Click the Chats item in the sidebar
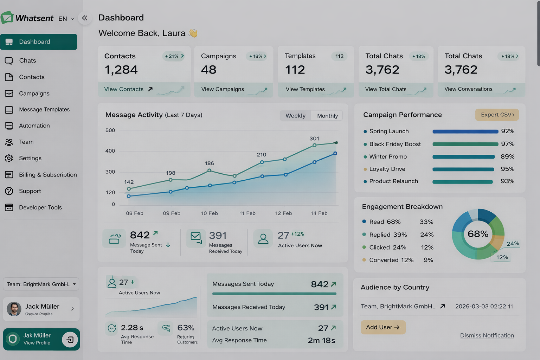[27, 60]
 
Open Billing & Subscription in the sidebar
[47, 175]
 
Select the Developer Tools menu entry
[40, 207]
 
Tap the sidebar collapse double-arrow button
[85, 18]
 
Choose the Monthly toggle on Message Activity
[327, 116]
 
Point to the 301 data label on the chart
[314, 139]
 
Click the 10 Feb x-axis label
[209, 213]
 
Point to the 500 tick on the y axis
[110, 130]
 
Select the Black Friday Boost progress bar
[465, 144]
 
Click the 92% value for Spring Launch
[507, 131]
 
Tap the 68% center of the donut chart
[478, 234]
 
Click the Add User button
[383, 327]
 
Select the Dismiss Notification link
[487, 335]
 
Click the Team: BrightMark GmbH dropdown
[41, 284]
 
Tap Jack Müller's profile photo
[14, 309]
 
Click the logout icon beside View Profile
[70, 340]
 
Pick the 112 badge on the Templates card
[339, 56]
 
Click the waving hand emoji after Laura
[193, 33]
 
